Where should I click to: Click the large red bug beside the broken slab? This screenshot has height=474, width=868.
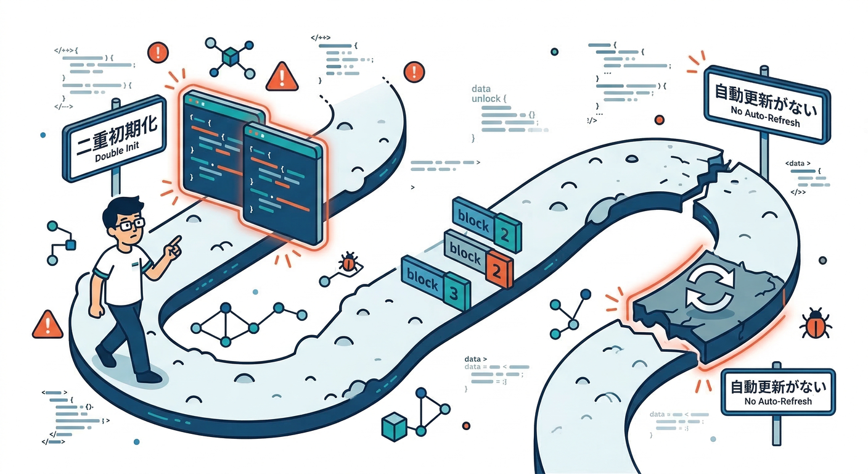coord(815,323)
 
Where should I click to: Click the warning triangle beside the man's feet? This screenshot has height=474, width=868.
coord(47,323)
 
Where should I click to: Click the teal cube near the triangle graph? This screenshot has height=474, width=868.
coord(392,426)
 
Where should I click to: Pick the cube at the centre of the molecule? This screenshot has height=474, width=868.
coord(231,58)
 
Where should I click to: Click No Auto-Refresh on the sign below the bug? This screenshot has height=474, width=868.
coord(778,401)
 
